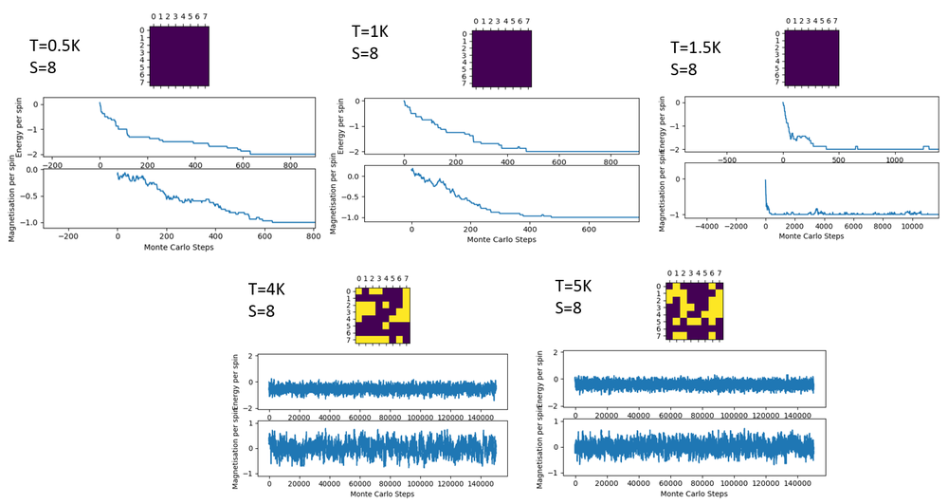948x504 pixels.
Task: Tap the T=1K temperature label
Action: click(370, 31)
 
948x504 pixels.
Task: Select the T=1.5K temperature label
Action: click(696, 47)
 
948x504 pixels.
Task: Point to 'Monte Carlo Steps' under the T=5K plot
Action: click(693, 495)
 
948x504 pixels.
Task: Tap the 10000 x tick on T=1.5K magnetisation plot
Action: click(911, 228)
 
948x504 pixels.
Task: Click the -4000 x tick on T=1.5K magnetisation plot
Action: click(707, 228)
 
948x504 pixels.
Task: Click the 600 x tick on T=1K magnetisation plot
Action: click(588, 230)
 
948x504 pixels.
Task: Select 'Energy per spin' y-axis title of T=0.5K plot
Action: click(18, 124)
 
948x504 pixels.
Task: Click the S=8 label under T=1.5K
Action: click(684, 70)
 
